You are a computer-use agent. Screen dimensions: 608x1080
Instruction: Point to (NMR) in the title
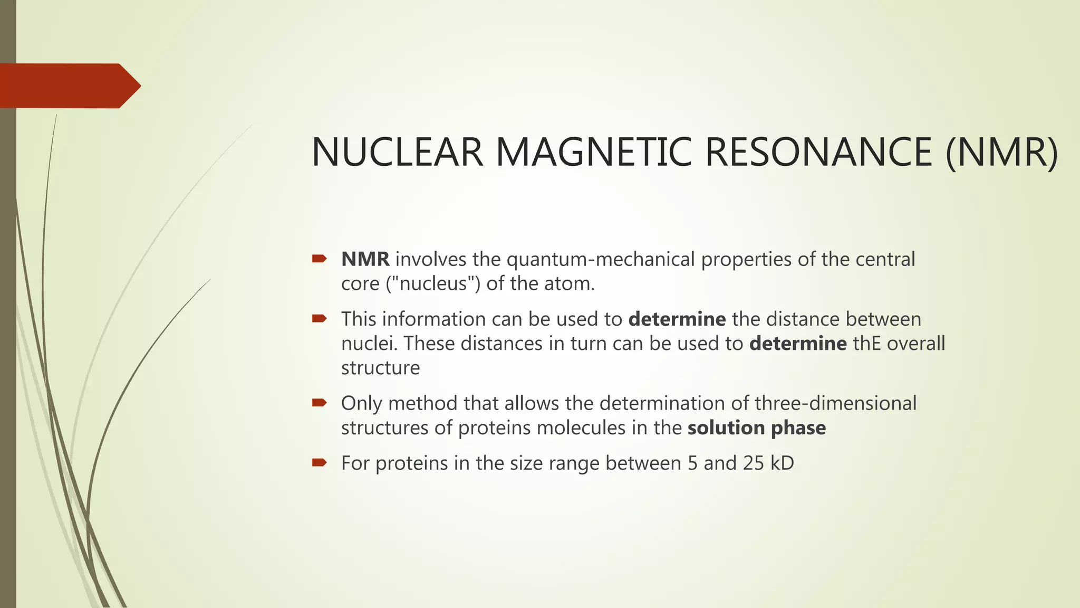pos(1001,153)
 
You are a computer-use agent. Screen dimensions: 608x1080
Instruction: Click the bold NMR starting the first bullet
pos(365,259)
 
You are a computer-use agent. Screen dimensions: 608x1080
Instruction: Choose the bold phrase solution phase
pos(756,427)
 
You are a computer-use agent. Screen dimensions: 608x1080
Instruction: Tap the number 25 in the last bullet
pos(754,463)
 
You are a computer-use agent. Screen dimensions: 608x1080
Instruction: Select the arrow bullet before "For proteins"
pos(320,463)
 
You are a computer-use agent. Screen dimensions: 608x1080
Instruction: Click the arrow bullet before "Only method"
pos(320,403)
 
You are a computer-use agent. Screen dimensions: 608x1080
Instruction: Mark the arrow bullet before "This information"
pos(320,318)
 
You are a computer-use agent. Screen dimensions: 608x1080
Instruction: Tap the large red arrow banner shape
pos(69,86)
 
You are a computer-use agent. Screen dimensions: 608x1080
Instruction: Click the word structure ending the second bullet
pos(380,368)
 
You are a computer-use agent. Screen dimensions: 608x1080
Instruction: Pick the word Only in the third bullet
pos(361,403)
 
